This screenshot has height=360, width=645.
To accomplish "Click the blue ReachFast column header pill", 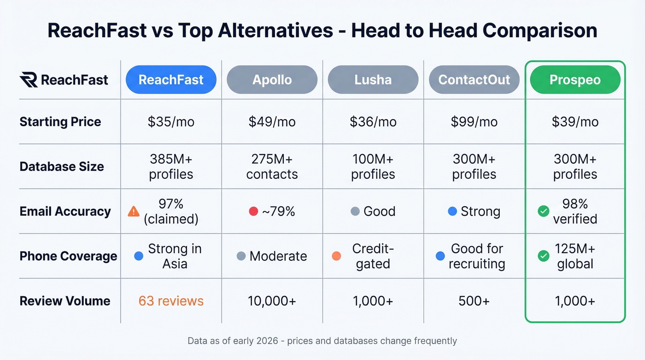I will tap(171, 80).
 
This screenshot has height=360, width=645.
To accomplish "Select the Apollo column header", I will tap(272, 80).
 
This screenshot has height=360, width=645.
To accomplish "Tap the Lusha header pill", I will tap(373, 80).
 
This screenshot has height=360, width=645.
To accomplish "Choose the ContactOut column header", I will tap(474, 80).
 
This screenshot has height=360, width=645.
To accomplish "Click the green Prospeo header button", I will tap(575, 80).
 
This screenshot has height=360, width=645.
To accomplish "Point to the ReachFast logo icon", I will tap(29, 80).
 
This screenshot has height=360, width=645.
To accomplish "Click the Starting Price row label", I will tap(60, 122).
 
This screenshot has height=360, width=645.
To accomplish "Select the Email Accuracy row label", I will tap(65, 211).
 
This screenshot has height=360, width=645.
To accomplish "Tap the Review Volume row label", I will tap(65, 301).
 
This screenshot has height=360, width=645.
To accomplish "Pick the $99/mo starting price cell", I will tap(474, 122).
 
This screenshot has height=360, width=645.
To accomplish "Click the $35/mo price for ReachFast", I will tap(171, 122).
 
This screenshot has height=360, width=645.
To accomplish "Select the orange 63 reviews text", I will tap(171, 301).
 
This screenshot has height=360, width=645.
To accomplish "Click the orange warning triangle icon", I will tap(134, 211).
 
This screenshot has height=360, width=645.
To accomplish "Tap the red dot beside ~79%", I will tap(253, 211).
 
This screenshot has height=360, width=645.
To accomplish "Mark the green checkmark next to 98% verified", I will tap(544, 211).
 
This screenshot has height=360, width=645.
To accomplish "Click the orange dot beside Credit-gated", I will tap(336, 256).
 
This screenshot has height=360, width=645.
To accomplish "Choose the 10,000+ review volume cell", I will tap(272, 301).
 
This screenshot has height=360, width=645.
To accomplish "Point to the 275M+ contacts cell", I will tap(272, 166).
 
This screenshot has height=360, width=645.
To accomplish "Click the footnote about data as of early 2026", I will tap(322, 341).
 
